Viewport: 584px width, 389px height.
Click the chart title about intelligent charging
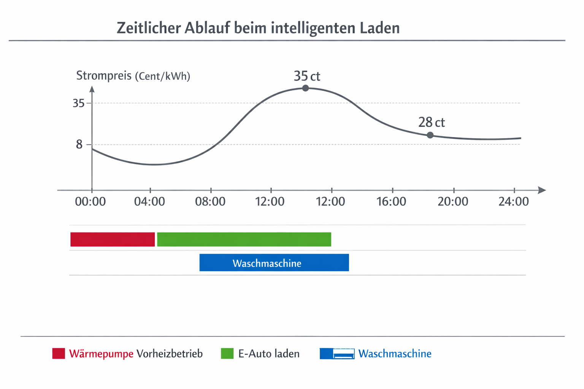pos(258,28)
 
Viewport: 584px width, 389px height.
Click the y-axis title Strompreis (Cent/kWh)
pos(133,76)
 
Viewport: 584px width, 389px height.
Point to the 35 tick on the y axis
pos(79,103)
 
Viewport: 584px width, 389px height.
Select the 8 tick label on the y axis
pos(79,144)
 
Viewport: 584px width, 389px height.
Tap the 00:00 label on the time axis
pos(90,201)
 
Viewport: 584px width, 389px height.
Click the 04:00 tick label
pos(149,201)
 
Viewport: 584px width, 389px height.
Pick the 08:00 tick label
pos(210,201)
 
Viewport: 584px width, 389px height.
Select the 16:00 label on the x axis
pos(391,201)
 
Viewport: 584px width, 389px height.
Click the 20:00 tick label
pos(453,201)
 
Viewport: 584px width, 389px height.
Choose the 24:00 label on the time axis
pos(514,201)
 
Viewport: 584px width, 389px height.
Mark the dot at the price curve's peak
pos(305,88)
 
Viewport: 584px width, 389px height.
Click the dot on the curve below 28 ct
pos(430,135)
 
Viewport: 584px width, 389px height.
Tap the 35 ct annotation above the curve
pos(307,76)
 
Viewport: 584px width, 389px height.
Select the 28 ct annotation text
pos(432,122)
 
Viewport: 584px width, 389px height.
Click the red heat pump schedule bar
pos(113,239)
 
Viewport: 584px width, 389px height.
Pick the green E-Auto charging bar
pos(244,239)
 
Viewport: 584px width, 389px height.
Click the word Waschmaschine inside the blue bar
pos(267,263)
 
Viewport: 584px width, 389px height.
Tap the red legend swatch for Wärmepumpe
pos(59,353)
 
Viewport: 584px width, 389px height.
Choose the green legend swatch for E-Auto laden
pos(227,353)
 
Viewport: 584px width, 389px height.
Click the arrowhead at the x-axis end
pos(542,190)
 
